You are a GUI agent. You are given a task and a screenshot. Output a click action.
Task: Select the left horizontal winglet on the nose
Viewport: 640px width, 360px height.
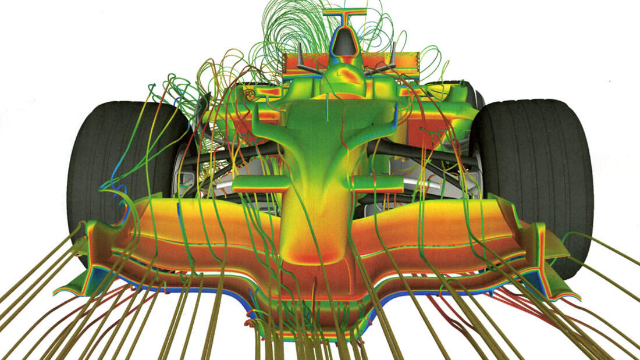click(x=256, y=184)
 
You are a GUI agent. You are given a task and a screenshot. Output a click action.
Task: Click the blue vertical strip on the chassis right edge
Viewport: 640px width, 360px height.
click(x=396, y=119)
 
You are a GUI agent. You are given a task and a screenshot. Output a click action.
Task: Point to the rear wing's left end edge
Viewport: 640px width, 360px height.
click(x=285, y=64)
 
